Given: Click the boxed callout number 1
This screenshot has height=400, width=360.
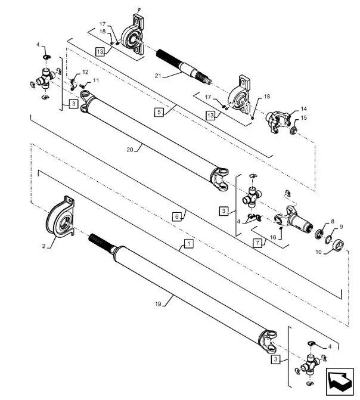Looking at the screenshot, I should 188,244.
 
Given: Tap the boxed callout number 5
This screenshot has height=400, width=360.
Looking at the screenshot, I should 159,111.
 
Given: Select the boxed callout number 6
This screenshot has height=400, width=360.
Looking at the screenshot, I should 178,218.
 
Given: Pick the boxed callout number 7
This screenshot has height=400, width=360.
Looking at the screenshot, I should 257,243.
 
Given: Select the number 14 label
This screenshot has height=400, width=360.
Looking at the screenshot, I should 303,110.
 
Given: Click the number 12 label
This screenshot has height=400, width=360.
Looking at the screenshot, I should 85,72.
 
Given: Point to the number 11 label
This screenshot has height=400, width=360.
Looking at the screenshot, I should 96,80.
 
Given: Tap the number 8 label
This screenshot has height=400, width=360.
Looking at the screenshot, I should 333,221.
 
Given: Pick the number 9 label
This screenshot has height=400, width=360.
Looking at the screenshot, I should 342,227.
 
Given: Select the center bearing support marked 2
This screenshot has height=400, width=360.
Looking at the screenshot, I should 59,218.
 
